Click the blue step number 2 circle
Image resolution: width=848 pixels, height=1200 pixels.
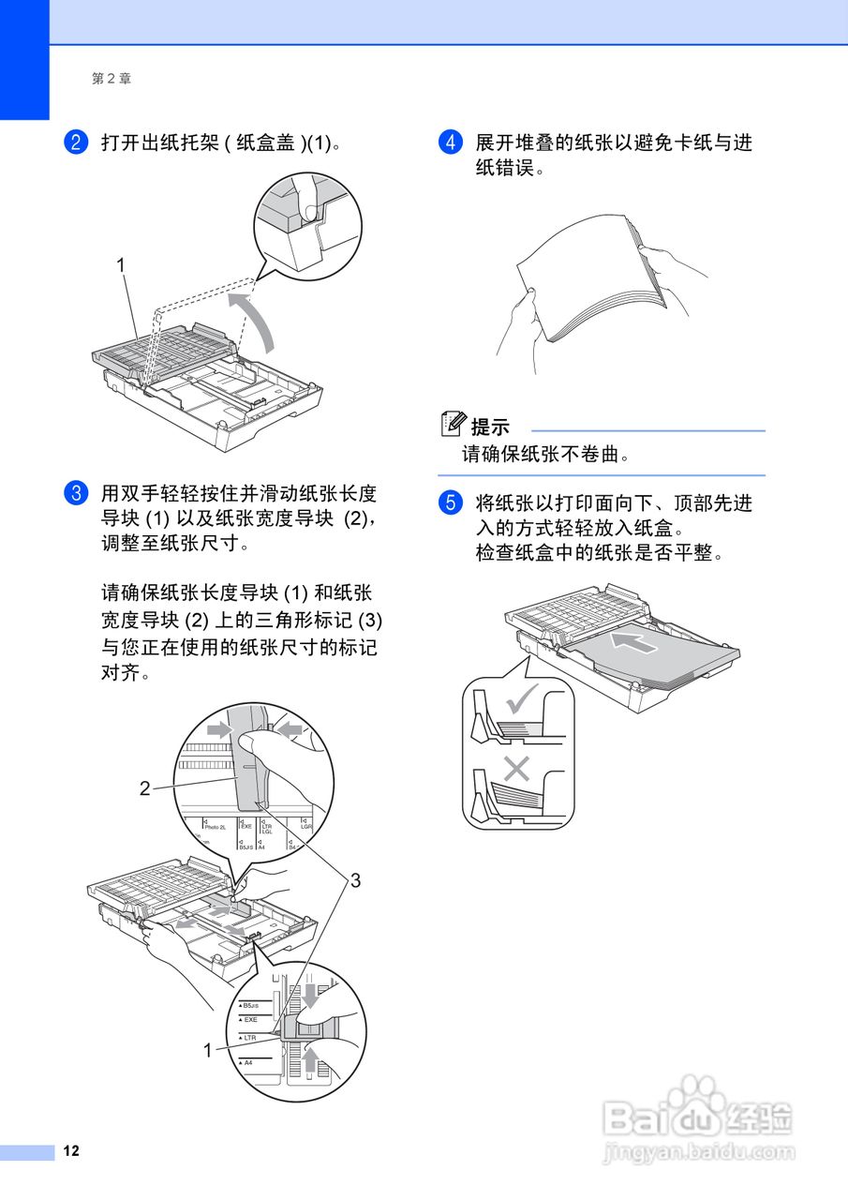tap(75, 142)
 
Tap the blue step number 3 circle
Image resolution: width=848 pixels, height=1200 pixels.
tap(75, 493)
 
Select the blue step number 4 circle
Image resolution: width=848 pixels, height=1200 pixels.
tap(450, 142)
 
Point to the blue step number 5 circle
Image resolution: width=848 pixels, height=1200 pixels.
tap(450, 503)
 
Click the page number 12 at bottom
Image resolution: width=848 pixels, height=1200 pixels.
tap(71, 1151)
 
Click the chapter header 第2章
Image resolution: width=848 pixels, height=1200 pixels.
tap(112, 80)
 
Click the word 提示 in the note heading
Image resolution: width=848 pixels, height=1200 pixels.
tap(490, 427)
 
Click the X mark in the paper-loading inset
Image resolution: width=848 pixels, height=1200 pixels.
tap(515, 769)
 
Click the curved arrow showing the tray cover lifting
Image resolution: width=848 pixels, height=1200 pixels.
tap(258, 321)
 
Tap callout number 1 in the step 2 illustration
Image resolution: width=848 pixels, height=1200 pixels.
tap(121, 266)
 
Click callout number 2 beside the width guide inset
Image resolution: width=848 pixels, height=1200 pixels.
tap(144, 788)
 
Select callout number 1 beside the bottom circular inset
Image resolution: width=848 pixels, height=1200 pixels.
tap(208, 1051)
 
